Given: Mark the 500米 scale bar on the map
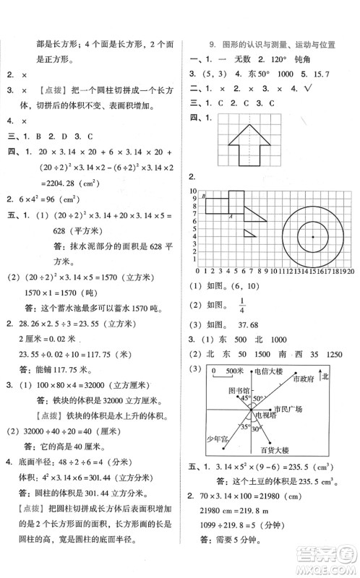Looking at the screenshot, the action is tap(226, 372).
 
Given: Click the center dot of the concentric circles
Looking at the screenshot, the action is tap(313, 237).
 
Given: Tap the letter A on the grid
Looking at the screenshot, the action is tap(230, 215).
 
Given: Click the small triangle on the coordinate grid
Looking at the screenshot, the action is tap(249, 233).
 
